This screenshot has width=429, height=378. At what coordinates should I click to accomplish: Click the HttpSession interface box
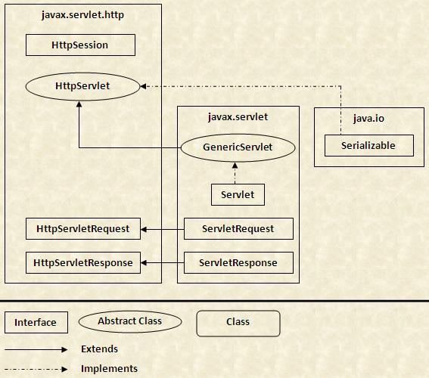[80, 45]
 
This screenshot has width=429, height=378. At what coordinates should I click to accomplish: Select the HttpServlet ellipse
[82, 86]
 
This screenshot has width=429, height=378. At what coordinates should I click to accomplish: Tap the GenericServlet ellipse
[238, 147]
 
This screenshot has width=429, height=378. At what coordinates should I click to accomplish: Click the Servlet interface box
[238, 194]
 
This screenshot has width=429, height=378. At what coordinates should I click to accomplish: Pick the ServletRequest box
[238, 229]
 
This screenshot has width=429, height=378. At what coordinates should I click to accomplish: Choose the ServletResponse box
[238, 262]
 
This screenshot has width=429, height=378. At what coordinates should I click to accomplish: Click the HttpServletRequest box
[83, 229]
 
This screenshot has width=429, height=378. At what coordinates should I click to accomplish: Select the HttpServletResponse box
[83, 262]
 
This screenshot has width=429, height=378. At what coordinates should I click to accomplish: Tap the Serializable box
[369, 145]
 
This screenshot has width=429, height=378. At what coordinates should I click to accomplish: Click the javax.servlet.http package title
[82, 15]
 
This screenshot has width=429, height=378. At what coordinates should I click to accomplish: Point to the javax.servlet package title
[238, 117]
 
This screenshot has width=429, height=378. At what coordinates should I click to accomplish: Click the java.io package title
[368, 119]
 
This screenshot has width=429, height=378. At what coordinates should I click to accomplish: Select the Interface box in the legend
[36, 323]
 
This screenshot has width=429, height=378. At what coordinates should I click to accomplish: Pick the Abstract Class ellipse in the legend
[130, 321]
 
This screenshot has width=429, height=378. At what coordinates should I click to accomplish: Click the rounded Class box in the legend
[238, 324]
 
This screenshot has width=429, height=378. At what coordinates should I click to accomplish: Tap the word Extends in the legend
[100, 349]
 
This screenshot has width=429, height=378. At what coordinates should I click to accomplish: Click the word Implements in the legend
[109, 369]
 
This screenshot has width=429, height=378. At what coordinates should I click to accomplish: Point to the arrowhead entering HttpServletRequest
[144, 229]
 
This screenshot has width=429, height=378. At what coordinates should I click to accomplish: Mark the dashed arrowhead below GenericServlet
[235, 165]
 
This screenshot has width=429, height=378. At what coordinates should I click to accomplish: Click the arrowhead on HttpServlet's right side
[143, 86]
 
